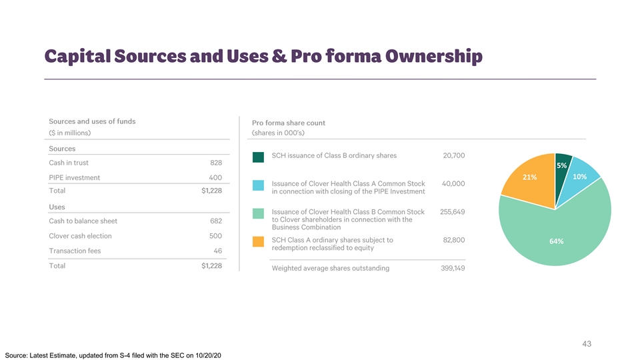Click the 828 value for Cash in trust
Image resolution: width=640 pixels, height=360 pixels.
(x=215, y=163)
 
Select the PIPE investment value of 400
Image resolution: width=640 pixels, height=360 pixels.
(x=215, y=178)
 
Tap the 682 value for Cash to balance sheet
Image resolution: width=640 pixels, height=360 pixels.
(x=215, y=221)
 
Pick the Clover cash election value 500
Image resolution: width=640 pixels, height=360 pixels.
(x=215, y=236)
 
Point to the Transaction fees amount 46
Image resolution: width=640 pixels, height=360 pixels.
(x=217, y=251)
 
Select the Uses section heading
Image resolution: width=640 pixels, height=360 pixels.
(x=58, y=207)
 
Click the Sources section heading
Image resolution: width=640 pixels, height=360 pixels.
(x=62, y=149)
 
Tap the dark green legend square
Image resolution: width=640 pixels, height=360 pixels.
(x=259, y=157)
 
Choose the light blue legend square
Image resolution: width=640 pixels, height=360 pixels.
(x=259, y=185)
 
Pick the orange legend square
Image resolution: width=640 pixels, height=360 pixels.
(x=259, y=241)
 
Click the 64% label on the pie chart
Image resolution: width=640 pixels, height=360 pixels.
(x=557, y=241)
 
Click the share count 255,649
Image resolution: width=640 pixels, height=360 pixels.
(x=452, y=212)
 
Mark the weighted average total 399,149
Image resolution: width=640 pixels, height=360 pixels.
(x=452, y=269)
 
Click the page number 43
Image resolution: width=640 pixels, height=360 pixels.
(x=587, y=344)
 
